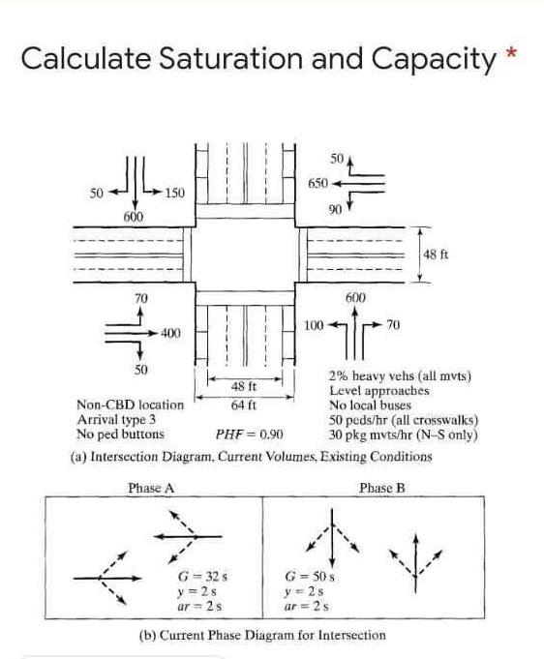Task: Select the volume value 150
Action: coord(174,194)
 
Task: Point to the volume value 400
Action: coord(171,333)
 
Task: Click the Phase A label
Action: coord(151,489)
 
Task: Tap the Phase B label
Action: coord(380,489)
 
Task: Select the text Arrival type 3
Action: coord(115,420)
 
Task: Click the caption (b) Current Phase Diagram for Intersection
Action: coord(262,636)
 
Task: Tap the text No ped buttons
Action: coord(118,434)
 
